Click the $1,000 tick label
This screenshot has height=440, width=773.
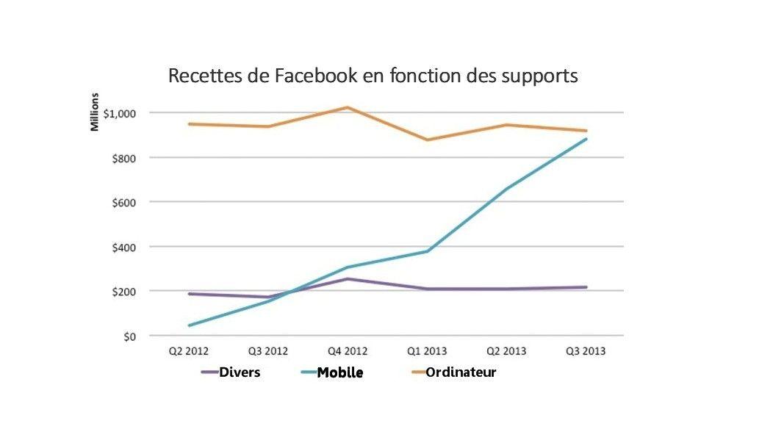tap(121, 113)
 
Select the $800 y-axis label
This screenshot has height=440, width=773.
tap(125, 158)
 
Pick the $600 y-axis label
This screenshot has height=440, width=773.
tap(125, 202)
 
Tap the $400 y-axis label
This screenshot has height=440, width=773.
tap(125, 247)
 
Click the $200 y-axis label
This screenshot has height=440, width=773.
tap(125, 292)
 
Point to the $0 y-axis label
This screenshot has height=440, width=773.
tap(129, 336)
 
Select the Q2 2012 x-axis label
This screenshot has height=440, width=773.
tap(189, 351)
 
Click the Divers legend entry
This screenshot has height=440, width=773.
tap(239, 372)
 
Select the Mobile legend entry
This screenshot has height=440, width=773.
tap(339, 373)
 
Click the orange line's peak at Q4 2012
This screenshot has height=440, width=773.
tap(347, 107)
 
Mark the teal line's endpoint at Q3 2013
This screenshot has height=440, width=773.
tap(586, 139)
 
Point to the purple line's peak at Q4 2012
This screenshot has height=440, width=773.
tap(347, 279)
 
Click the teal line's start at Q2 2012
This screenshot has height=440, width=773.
tap(190, 325)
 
